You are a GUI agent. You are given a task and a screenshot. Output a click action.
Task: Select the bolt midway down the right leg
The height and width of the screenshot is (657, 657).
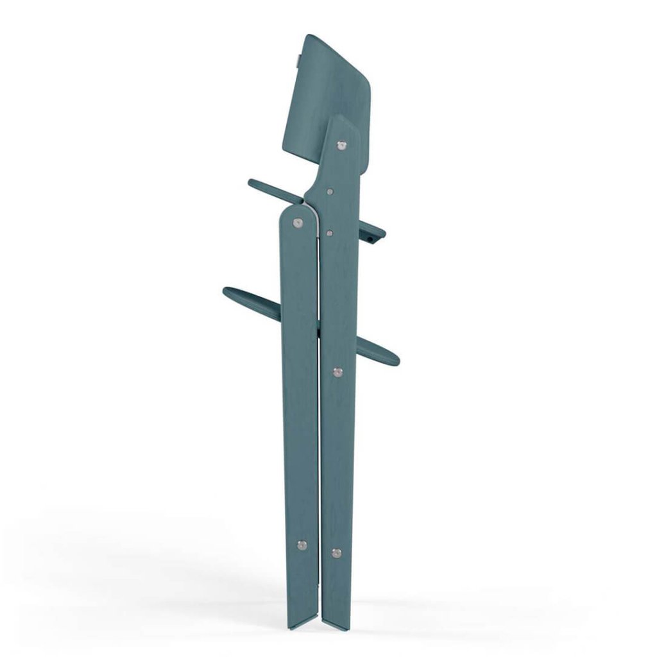coord(337,371)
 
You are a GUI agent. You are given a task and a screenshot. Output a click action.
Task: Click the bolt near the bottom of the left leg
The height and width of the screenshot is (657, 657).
coord(302,545)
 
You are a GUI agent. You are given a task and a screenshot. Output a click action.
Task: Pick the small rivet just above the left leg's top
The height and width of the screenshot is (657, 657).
coord(329,191)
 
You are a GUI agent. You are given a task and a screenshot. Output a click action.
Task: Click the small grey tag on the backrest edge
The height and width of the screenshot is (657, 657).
coord(307,62)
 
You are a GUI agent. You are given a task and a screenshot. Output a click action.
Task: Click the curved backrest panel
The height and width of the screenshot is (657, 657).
coord(334,90)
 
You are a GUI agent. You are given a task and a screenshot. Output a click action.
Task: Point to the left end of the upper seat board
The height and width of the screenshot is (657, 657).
coord(253,183)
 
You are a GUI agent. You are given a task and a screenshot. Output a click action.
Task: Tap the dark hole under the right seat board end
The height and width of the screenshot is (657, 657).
coord(373,239)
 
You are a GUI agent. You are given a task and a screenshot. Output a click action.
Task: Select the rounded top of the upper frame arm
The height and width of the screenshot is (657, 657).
coord(343,122)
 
